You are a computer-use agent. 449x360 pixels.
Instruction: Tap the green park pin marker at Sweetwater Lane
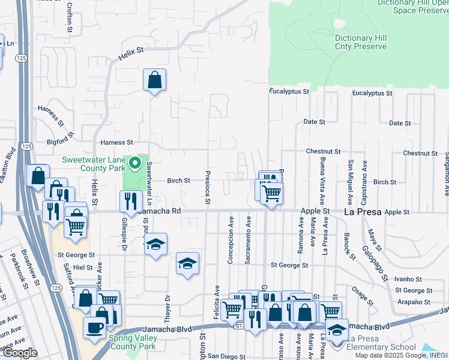[x=135, y=163]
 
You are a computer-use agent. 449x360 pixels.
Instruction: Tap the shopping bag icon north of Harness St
[x=154, y=80]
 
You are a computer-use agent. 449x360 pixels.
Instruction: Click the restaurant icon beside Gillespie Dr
[x=130, y=202]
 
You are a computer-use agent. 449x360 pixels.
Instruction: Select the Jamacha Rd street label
[x=159, y=211]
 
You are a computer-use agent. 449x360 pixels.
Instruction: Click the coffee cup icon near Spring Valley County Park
[x=95, y=328]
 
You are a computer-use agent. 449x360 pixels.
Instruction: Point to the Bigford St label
[x=59, y=142]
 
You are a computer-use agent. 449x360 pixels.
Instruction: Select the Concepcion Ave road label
[x=231, y=244]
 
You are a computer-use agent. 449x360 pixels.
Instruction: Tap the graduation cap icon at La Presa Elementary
[x=337, y=329]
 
